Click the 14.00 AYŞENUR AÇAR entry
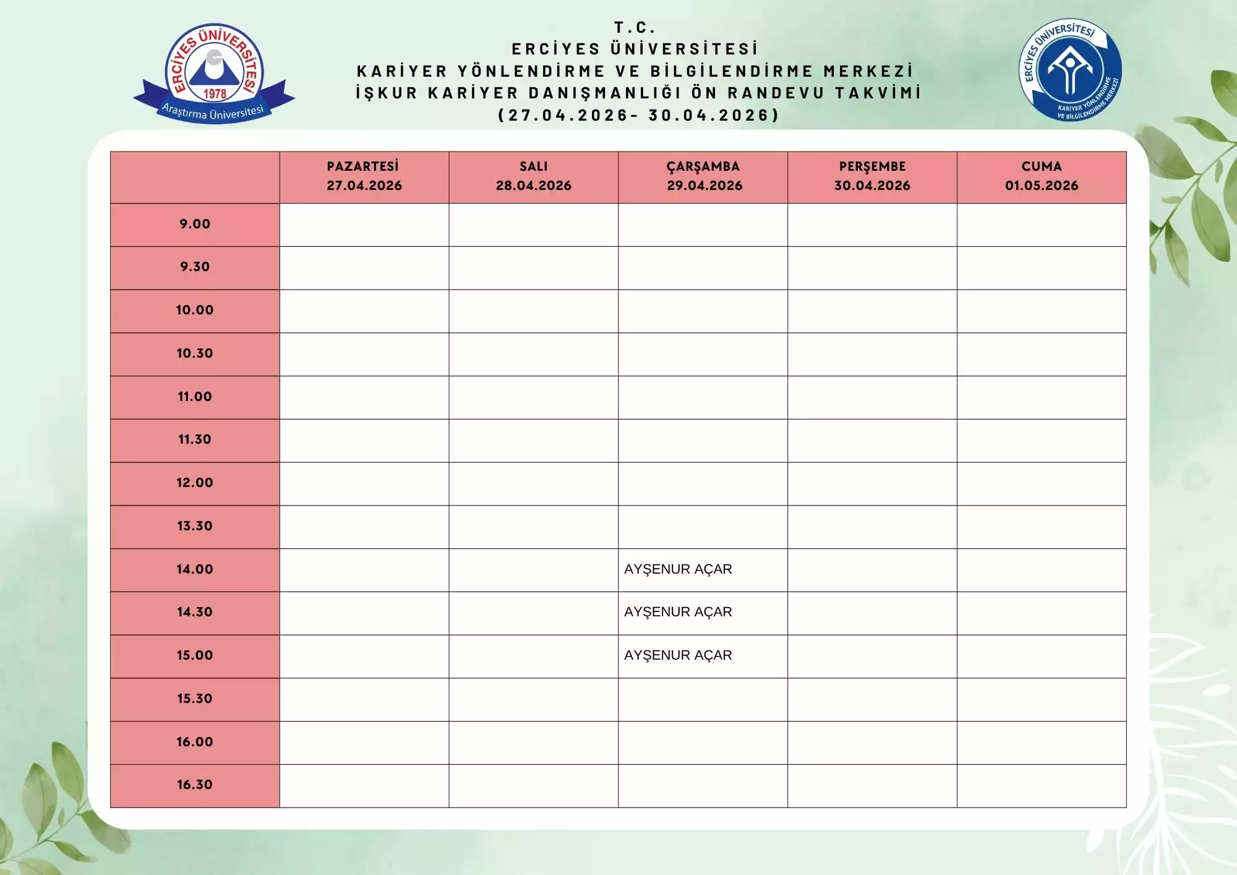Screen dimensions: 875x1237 [678, 569]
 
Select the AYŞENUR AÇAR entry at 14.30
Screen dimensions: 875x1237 [678, 612]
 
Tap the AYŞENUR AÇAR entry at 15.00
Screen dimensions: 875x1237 [678, 655]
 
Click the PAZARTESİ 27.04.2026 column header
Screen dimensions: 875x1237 [364, 176]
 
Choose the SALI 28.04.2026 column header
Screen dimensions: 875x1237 [533, 176]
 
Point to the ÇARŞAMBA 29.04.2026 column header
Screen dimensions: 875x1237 [703, 176]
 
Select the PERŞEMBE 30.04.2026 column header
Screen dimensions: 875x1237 [872, 176]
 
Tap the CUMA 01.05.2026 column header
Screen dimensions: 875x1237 [1042, 176]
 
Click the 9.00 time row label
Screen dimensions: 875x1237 [195, 224]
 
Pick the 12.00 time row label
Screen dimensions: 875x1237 [195, 483]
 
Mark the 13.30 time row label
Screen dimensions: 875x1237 [195, 526]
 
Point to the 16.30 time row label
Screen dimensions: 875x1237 [195, 785]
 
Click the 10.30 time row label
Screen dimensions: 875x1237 [195, 353]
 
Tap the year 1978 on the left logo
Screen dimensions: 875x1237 [215, 94]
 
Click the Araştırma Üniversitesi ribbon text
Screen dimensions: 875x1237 [213, 112]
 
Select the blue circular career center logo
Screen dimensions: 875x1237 [1070, 69]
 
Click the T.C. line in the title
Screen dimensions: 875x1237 [635, 28]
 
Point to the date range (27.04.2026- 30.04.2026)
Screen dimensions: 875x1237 [638, 115]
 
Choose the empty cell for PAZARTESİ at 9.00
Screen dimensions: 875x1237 [364, 225]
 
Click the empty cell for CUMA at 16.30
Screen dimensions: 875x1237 [1042, 786]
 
